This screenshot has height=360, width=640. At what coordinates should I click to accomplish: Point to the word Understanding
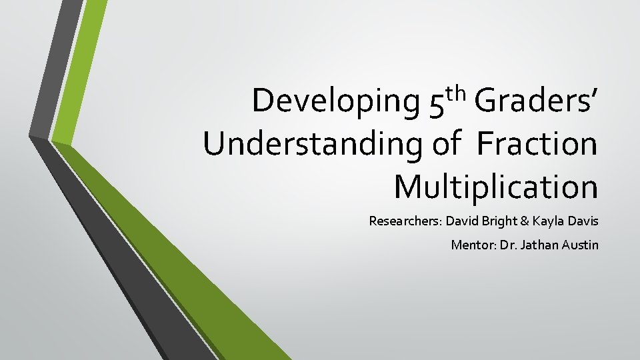point(314,145)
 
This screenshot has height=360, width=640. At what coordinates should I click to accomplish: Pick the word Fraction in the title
point(537,143)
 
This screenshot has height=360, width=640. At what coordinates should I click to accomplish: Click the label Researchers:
point(405,221)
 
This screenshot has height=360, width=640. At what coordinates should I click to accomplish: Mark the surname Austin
point(580,245)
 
